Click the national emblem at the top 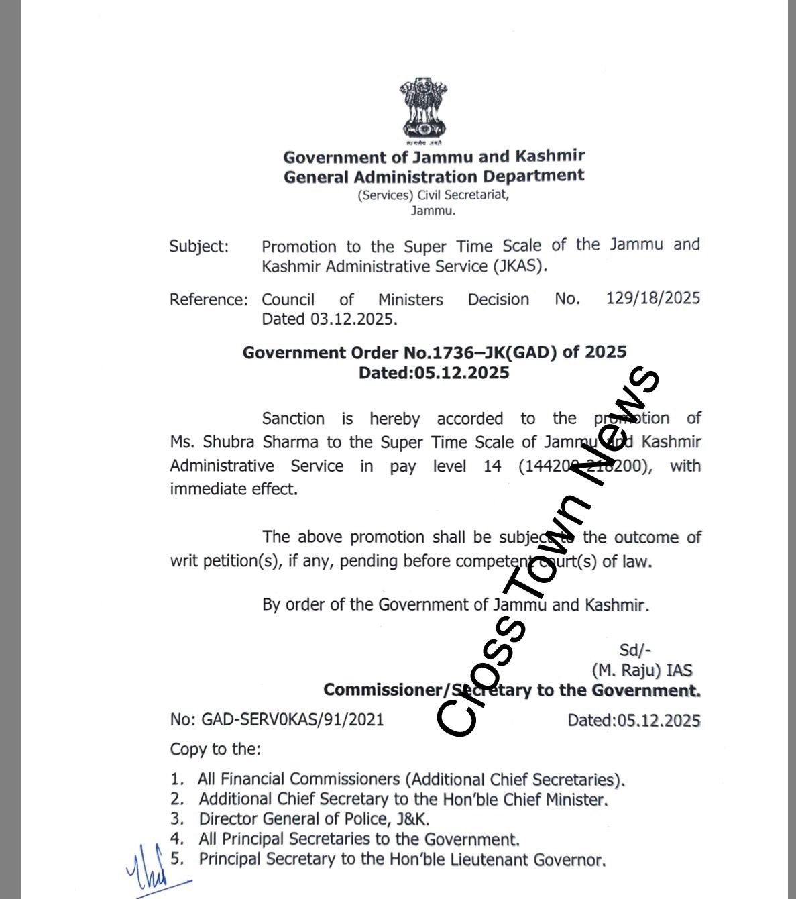click(423, 111)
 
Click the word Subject click(198, 246)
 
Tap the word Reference click(209, 299)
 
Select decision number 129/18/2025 click(652, 298)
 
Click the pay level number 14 click(492, 466)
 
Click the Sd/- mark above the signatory click(634, 649)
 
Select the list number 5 click(176, 859)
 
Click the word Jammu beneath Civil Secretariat click(433, 211)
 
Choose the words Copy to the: click(215, 749)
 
